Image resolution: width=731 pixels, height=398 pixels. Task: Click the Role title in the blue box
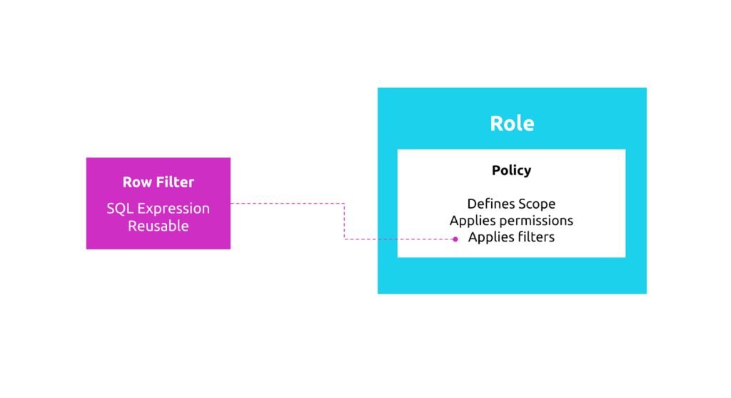click(x=512, y=124)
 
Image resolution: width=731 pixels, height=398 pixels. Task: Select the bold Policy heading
click(x=511, y=171)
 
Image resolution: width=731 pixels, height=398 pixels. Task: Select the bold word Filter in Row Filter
click(x=174, y=182)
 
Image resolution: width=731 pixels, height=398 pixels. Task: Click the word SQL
click(x=120, y=209)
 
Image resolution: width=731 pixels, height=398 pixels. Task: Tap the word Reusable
click(x=158, y=226)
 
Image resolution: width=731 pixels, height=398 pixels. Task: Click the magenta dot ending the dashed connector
click(x=455, y=239)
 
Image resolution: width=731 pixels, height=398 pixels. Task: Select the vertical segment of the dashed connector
click(x=345, y=222)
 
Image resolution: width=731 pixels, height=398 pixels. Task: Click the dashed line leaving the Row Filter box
click(x=286, y=204)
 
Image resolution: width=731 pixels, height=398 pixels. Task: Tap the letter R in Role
click(x=497, y=124)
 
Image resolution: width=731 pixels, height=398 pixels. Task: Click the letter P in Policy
click(x=496, y=171)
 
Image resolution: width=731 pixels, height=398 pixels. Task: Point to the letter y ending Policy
click(x=528, y=172)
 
